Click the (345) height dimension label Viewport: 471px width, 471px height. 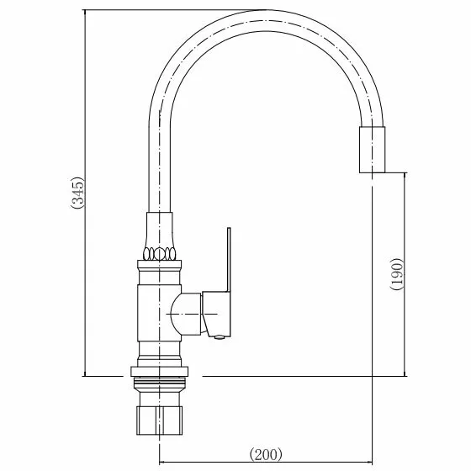pos(78,193)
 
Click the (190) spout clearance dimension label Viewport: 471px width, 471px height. pos(396,273)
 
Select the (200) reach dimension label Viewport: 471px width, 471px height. pos(266,454)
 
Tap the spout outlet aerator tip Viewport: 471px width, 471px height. pos(372,150)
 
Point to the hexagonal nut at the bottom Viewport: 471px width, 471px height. pos(160,421)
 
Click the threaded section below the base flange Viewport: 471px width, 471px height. pos(160,382)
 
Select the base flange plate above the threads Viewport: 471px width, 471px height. pos(160,372)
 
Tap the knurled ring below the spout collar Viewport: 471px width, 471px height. pos(160,253)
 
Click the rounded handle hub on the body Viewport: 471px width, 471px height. pos(186,314)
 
